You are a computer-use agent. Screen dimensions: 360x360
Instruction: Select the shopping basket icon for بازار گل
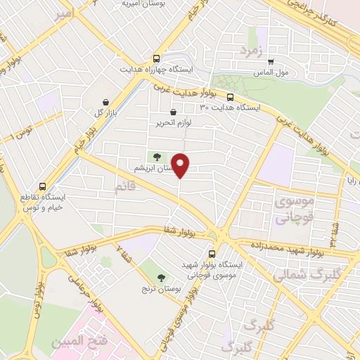click(105, 103)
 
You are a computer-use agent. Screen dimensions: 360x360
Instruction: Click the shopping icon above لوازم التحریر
click(174, 112)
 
